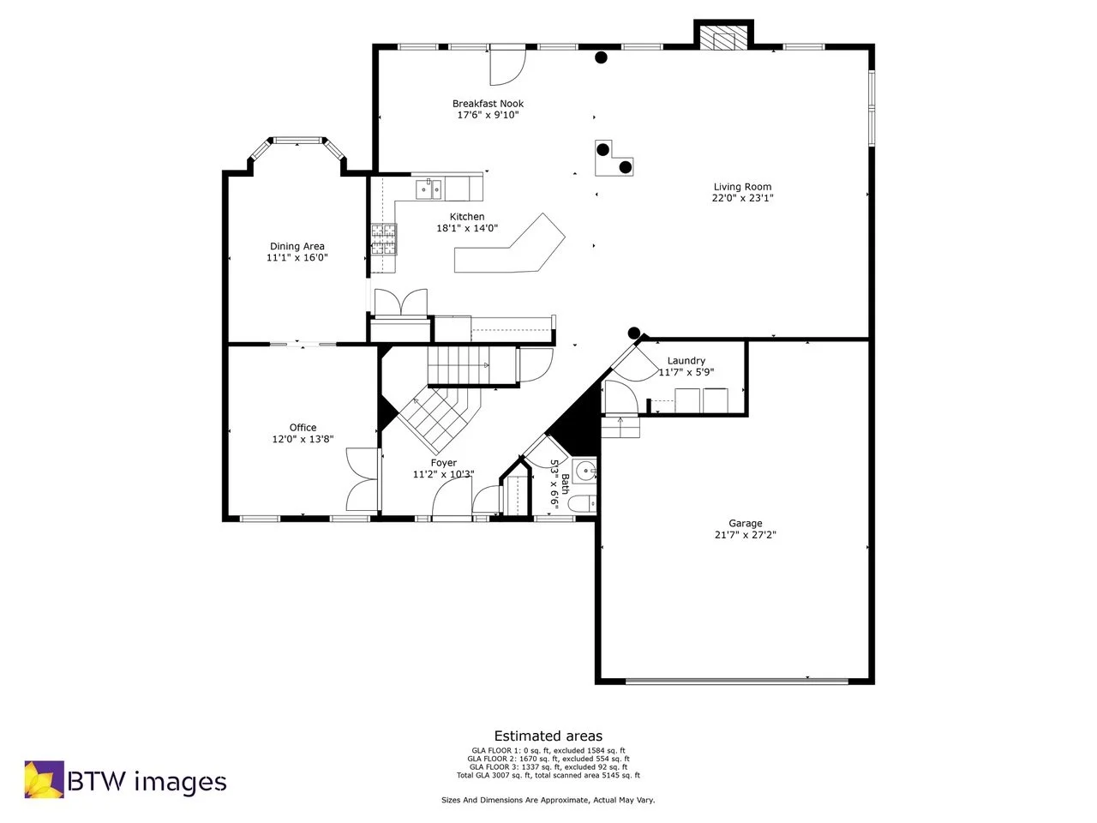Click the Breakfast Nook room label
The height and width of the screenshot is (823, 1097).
pyautogui.click(x=488, y=104)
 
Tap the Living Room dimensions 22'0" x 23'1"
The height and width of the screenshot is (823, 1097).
pyautogui.click(x=742, y=198)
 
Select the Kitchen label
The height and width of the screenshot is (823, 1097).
pyautogui.click(x=467, y=217)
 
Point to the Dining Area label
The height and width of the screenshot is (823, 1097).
pyautogui.click(x=297, y=247)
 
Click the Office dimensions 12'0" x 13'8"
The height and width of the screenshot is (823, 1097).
pyautogui.click(x=303, y=439)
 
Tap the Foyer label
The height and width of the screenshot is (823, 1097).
pyautogui.click(x=443, y=463)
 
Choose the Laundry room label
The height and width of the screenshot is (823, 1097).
pyautogui.click(x=686, y=361)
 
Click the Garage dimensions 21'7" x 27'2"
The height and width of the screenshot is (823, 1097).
pyautogui.click(x=745, y=535)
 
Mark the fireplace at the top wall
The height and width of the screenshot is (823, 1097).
pyautogui.click(x=722, y=39)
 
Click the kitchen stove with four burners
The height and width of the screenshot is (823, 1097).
pyautogui.click(x=385, y=239)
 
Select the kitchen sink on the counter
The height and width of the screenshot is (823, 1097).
pyautogui.click(x=429, y=188)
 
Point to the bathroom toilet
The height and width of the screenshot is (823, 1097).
pyautogui.click(x=582, y=504)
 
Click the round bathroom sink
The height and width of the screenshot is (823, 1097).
pyautogui.click(x=585, y=470)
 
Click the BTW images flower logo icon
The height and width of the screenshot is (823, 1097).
pyautogui.click(x=44, y=779)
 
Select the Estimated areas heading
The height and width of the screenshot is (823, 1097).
pyautogui.click(x=548, y=736)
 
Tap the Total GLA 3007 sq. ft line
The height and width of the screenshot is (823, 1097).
pyautogui.click(x=548, y=775)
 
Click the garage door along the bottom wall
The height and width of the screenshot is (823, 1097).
pyautogui.click(x=737, y=682)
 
